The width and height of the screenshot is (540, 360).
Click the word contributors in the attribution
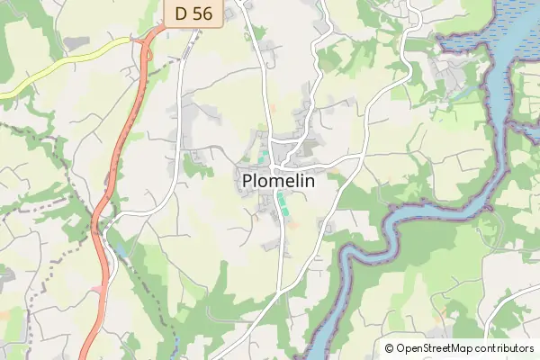tap(505, 348)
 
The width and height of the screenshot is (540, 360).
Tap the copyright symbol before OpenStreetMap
tap(390, 348)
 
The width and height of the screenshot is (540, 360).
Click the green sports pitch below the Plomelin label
tap(283, 203)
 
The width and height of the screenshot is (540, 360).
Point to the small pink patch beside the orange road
tap(97, 288)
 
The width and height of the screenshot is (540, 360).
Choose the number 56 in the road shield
tap(201, 13)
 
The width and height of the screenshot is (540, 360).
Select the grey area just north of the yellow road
tap(77, 42)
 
